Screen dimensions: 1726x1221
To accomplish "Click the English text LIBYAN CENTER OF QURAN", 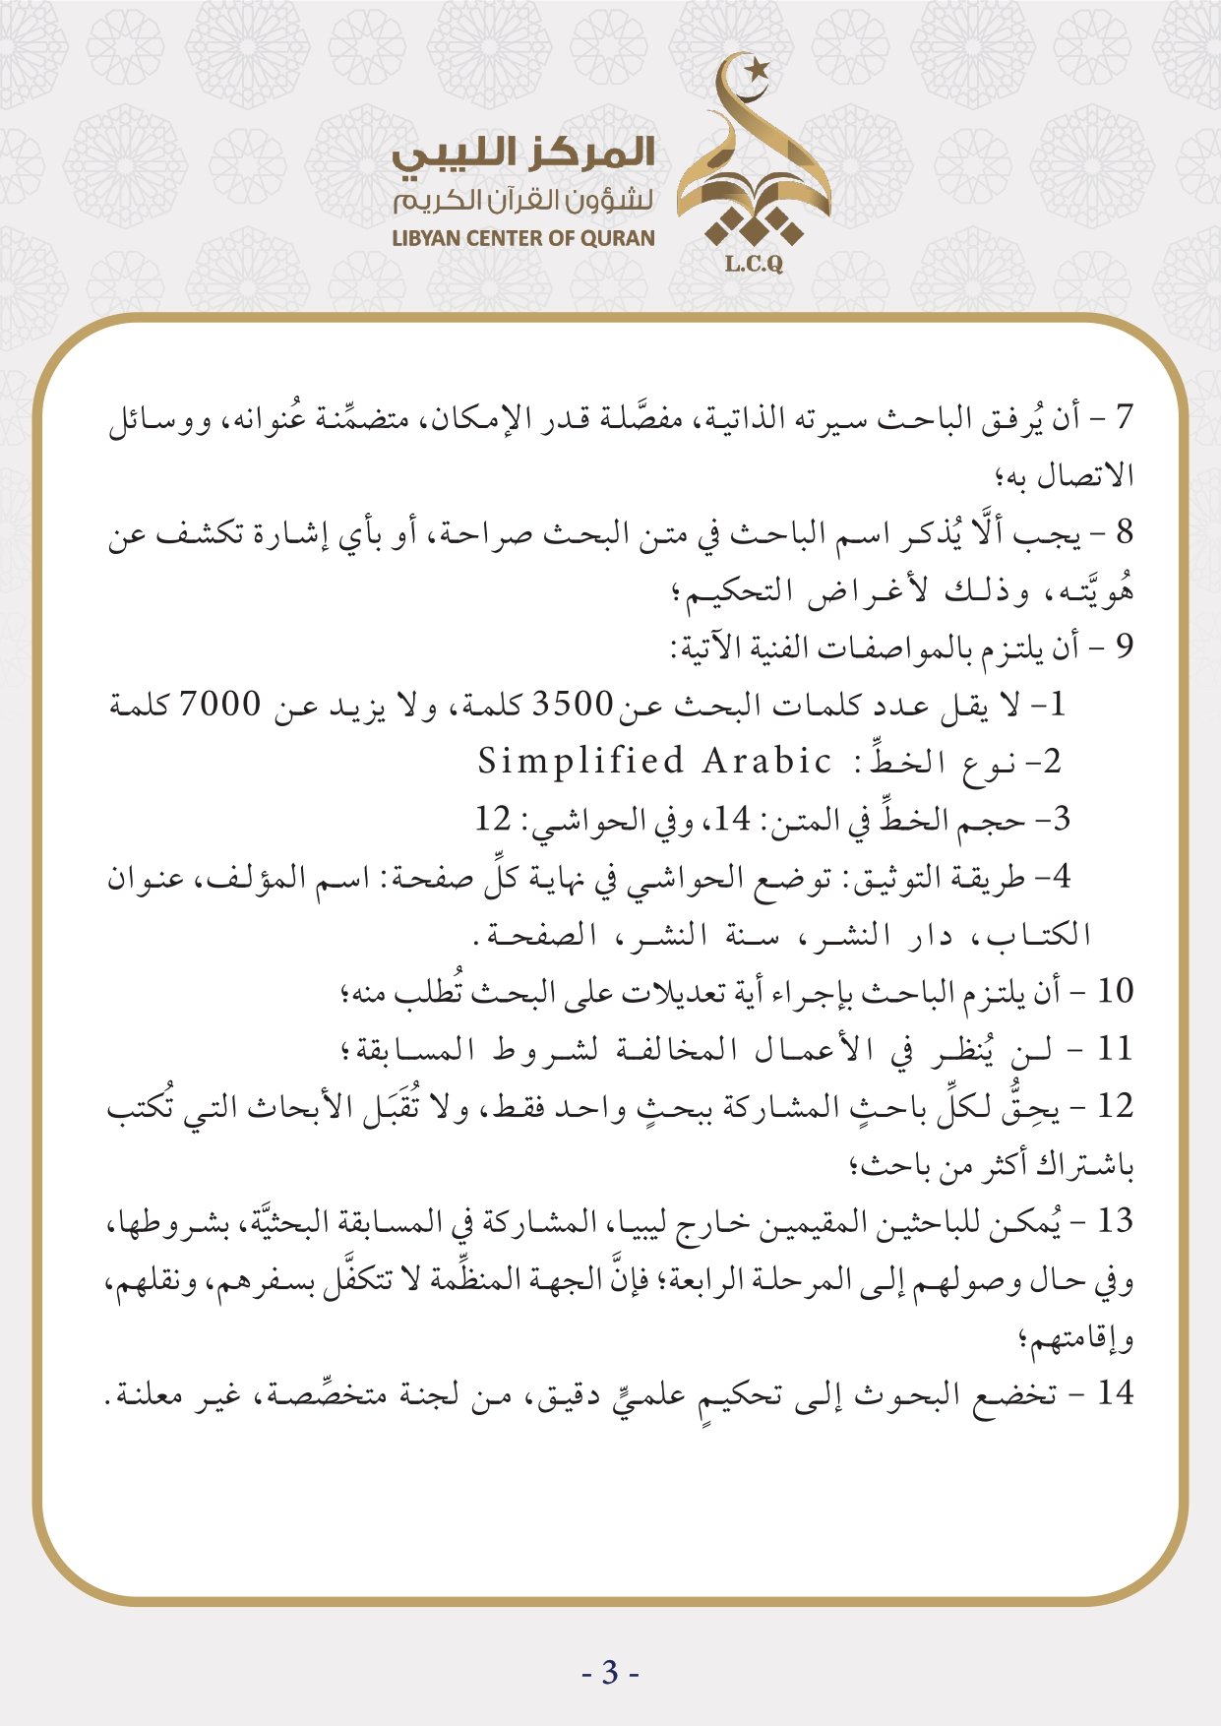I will point(522,238).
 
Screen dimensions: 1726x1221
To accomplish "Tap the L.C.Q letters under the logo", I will point(753,264).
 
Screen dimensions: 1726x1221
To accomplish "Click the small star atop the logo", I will point(757,70).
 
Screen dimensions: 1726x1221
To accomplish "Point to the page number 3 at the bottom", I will point(610,1672).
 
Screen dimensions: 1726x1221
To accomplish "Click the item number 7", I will point(1125,416).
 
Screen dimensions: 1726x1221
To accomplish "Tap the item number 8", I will point(1125,532).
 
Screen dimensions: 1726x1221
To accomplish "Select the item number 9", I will point(1125,647).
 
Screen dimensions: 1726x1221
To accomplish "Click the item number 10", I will point(1116,991).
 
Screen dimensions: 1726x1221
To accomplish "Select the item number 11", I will point(1116,1049).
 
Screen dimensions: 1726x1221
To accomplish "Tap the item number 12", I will point(1116,1106).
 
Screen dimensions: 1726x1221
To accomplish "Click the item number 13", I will point(1116,1221).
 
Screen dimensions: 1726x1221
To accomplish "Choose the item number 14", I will point(1116,1393).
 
